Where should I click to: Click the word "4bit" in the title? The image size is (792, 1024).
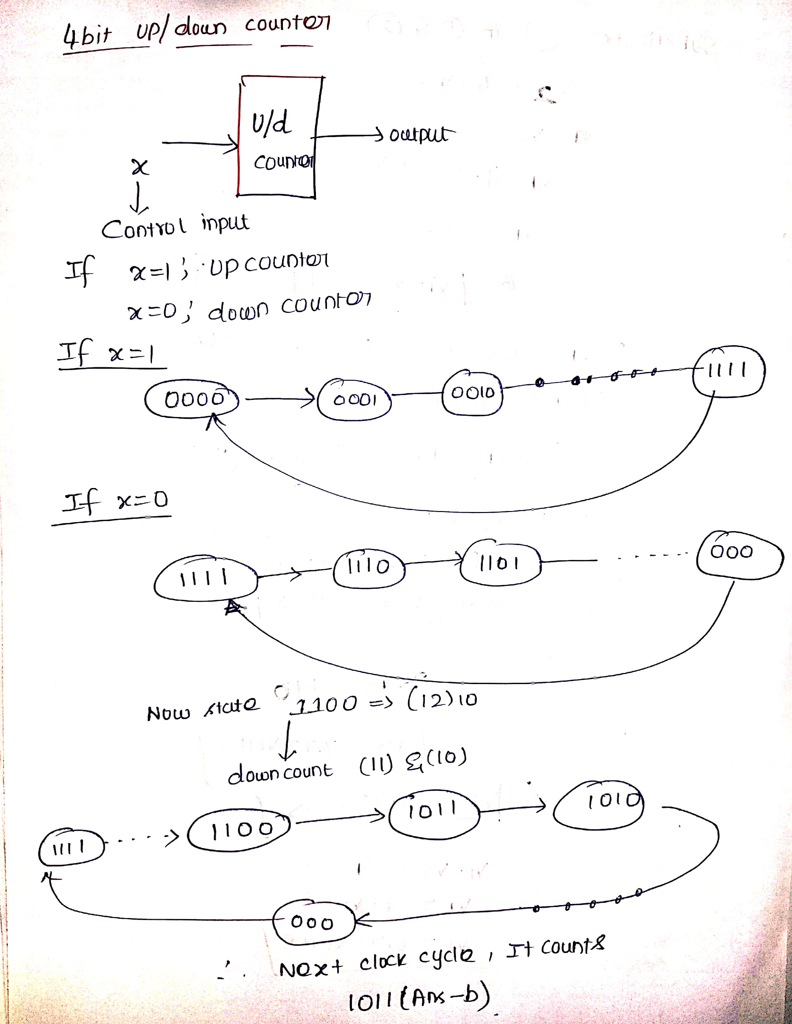point(88,36)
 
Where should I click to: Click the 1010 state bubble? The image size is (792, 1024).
point(599,805)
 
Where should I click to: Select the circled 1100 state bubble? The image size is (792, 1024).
point(239,830)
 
